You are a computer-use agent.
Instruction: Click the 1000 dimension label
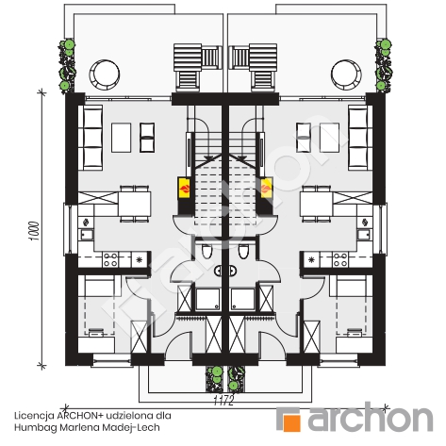(34, 231)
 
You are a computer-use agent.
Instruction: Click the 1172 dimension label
(223, 401)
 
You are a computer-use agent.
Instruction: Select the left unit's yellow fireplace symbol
(184, 188)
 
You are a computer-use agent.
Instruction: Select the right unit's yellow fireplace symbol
(267, 188)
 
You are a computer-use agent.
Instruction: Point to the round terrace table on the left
(104, 74)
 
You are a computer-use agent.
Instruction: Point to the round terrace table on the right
(346, 74)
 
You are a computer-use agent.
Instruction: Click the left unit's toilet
(206, 252)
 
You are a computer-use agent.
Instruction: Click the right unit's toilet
(243, 252)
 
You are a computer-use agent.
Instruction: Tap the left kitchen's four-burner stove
(110, 259)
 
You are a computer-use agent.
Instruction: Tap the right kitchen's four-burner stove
(340, 259)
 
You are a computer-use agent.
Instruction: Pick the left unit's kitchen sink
(86, 234)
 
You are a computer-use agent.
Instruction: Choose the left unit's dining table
(135, 204)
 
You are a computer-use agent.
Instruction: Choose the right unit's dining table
(316, 204)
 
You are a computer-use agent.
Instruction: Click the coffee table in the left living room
(122, 138)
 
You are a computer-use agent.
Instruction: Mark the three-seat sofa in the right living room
(358, 138)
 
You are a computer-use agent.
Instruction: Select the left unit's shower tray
(208, 299)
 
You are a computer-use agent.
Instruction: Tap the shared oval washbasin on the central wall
(225, 271)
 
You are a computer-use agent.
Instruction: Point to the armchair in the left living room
(147, 138)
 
